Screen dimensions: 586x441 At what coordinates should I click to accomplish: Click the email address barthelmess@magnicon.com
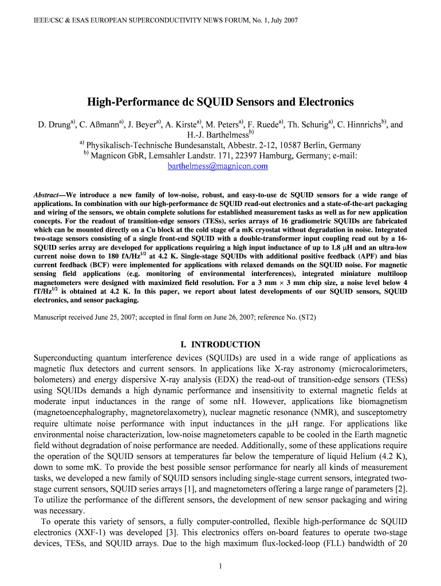coord(217,167)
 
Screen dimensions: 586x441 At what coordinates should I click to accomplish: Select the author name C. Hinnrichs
coord(357,124)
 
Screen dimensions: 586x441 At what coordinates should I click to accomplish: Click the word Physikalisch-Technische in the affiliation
coord(131,145)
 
